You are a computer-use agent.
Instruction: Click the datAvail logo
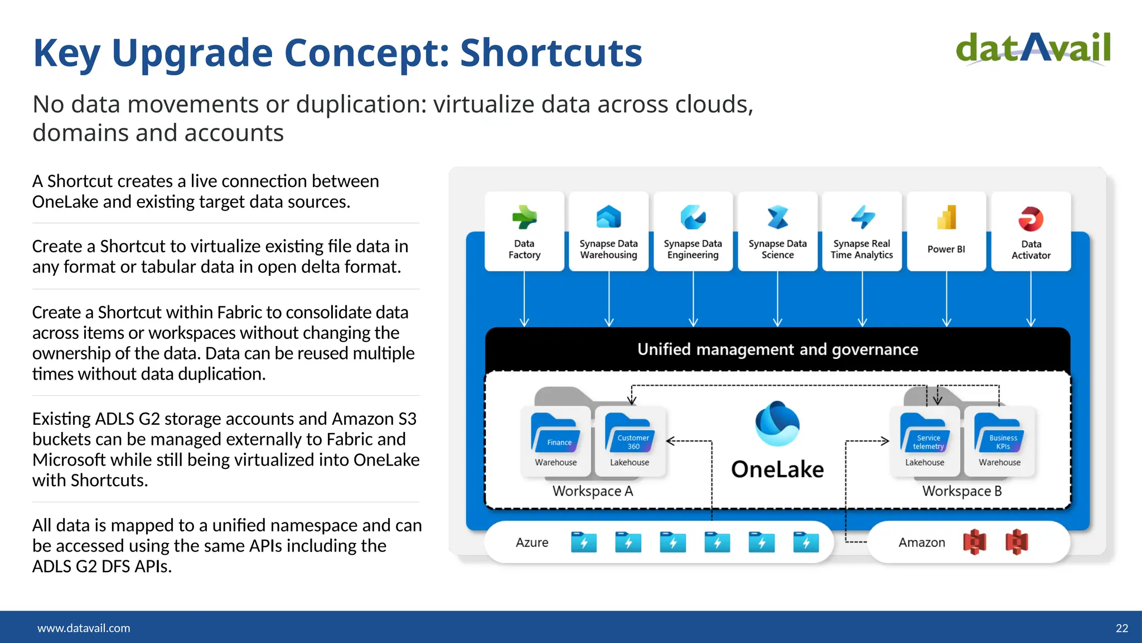[x=1033, y=49]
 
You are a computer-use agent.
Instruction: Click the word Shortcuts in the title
[x=551, y=53]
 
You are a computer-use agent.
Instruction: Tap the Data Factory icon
[x=524, y=217]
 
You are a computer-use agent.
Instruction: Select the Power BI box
[x=946, y=232]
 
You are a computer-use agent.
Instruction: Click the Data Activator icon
[x=1030, y=219]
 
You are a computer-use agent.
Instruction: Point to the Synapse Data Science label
[x=777, y=249]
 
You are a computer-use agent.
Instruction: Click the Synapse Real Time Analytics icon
[x=862, y=217]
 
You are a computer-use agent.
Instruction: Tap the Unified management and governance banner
[x=777, y=349]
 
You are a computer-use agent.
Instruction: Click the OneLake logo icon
[x=777, y=424]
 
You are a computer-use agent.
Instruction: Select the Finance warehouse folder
[x=555, y=433]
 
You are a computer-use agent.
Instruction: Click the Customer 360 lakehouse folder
[x=630, y=433]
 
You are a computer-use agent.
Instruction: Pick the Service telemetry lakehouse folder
[x=925, y=433]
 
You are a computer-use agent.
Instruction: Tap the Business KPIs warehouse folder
[x=999, y=433]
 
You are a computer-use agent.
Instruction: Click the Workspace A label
[x=593, y=491]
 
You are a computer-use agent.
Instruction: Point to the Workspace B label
[x=962, y=491]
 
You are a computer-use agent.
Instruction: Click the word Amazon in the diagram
[x=922, y=543]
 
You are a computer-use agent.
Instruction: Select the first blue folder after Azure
[x=584, y=542]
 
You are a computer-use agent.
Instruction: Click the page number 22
[x=1121, y=628]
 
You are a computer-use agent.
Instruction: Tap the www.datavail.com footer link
[x=84, y=628]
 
